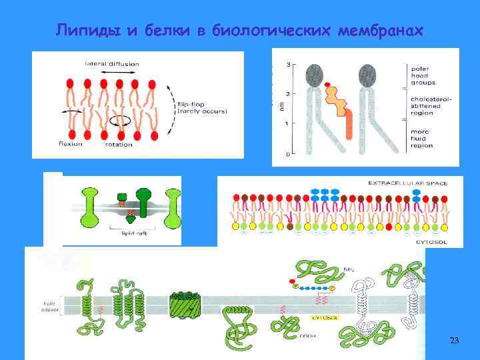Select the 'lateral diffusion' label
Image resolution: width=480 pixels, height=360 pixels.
[111, 64]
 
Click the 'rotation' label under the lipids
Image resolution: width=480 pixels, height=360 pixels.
[118, 144]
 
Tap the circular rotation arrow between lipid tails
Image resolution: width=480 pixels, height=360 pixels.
[120, 121]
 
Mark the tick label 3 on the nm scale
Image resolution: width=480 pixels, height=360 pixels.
[287, 65]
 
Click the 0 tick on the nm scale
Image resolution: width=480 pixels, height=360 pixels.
[287, 154]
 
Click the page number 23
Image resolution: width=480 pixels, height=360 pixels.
[454, 341]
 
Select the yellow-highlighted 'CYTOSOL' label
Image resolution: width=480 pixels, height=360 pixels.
[323, 318]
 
